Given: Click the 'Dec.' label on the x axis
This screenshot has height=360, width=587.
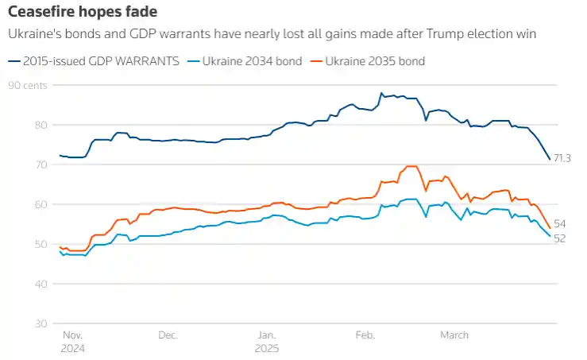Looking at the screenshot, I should (x=168, y=335).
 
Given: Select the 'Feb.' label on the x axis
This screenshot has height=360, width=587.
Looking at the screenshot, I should (x=365, y=335).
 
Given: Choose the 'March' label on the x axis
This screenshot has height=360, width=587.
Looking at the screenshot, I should (x=455, y=335).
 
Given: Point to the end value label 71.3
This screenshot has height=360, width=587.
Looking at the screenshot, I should (x=562, y=158).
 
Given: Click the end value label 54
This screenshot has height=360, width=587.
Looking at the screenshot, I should (x=560, y=224).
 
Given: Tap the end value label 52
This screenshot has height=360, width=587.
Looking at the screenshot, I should (x=560, y=238).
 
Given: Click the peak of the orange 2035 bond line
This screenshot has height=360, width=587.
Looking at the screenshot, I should (x=410, y=166).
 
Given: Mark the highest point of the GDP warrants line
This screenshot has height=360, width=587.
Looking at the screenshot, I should (x=381, y=93).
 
